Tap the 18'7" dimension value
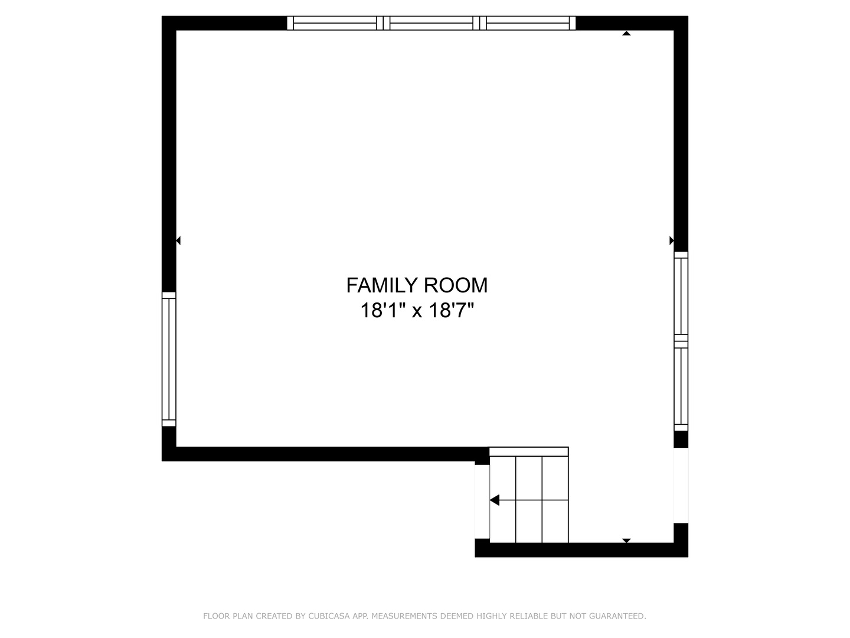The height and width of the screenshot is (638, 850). [452, 310]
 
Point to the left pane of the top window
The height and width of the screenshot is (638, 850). [335, 23]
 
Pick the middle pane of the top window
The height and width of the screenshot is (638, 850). [431, 23]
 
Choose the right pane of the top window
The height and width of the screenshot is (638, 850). [528, 23]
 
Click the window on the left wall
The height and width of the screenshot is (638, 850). [169, 359]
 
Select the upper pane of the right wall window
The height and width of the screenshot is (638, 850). [681, 296]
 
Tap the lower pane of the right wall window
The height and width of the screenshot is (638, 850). [681, 386]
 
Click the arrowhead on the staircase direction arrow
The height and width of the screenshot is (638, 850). [495, 500]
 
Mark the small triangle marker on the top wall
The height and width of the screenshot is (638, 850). [626, 34]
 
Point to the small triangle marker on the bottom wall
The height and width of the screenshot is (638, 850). [626, 540]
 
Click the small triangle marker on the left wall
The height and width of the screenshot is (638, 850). [178, 240]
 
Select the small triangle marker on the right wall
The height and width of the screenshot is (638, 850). [671, 240]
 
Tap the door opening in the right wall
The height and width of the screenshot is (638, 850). [681, 485]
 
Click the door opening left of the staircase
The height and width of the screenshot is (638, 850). [482, 502]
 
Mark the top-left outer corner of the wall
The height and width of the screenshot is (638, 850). [163, 17]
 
